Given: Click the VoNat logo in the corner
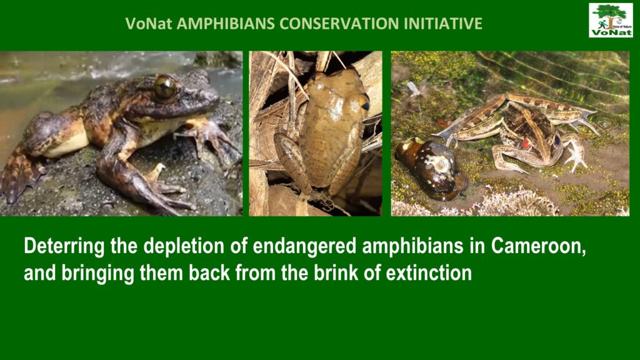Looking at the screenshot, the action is coord(611,21).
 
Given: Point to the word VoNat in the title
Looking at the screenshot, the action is coord(149,24).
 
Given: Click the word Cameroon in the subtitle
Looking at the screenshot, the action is coord(538,246).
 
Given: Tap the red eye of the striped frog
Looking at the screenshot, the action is coord(526,143).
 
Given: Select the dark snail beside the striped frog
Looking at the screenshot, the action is coord(432,167).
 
